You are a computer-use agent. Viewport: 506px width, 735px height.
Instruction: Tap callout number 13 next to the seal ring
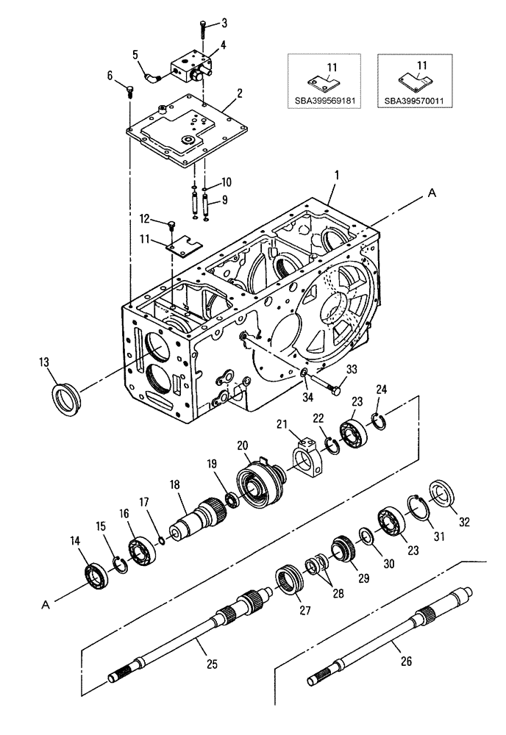(45, 361)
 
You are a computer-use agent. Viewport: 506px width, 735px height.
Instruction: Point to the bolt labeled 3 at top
(202, 31)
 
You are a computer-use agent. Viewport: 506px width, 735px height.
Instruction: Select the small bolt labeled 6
(129, 90)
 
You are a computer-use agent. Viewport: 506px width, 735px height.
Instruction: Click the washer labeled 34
(304, 376)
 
